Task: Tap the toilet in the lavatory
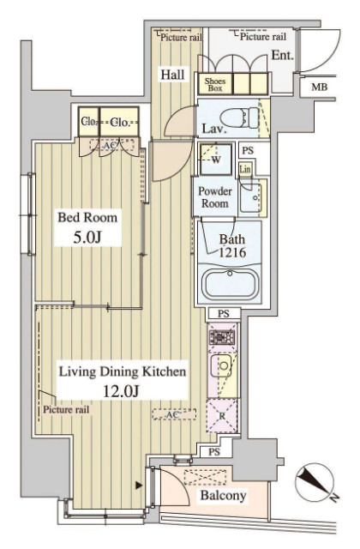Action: pyautogui.click(x=232, y=116)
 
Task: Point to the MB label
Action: pyautogui.click(x=319, y=87)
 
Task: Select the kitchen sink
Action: pyautogui.click(x=223, y=369)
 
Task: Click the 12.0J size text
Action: pyautogui.click(x=123, y=390)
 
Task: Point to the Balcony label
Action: pyautogui.click(x=223, y=495)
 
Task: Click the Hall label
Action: pyautogui.click(x=171, y=75)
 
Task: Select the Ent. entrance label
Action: pyautogui.click(x=282, y=55)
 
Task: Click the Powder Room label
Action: pyautogui.click(x=216, y=197)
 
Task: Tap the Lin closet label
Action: pyautogui.click(x=245, y=170)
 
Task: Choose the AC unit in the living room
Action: pyautogui.click(x=170, y=414)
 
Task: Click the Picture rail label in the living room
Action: pyautogui.click(x=67, y=409)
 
